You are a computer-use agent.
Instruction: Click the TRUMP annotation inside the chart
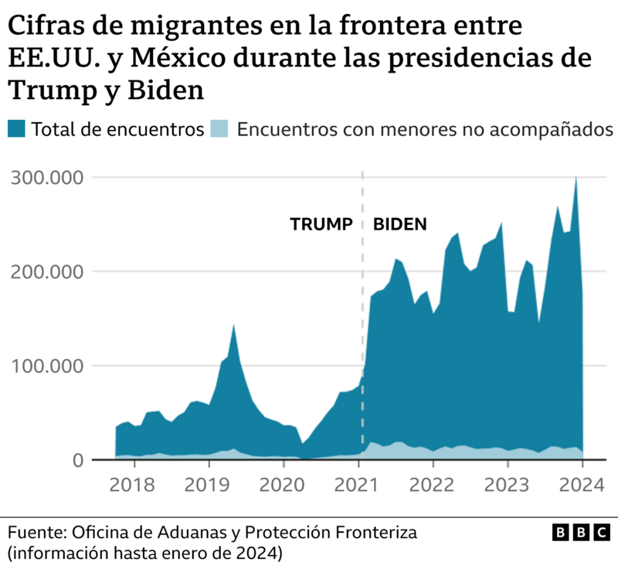click(x=321, y=225)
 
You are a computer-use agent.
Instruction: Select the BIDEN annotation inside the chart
click(x=399, y=225)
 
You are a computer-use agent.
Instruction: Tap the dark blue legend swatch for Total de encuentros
click(x=18, y=129)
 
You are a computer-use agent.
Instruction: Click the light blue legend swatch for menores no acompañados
click(x=219, y=129)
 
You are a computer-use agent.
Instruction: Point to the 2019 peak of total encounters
click(x=233, y=326)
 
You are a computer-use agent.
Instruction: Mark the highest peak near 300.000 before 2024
click(x=576, y=179)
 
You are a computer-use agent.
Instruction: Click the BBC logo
click(x=580, y=533)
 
